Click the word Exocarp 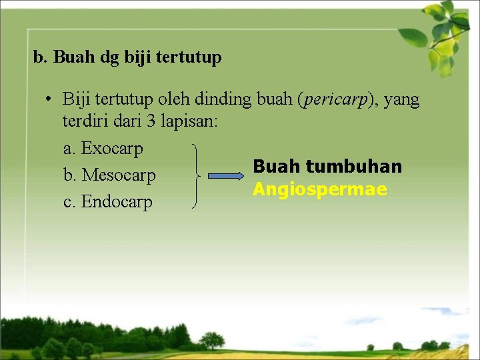tap(112, 149)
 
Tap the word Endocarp tap(117, 202)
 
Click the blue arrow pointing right tap(227, 176)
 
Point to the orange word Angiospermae tap(320, 190)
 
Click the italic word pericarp tap(333, 100)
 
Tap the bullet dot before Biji tap(49, 100)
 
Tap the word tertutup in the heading tap(189, 58)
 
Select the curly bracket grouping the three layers tap(196, 176)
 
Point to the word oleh tap(177, 100)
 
